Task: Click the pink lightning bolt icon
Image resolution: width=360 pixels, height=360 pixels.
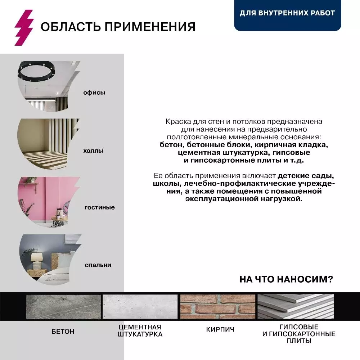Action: [x=24, y=27]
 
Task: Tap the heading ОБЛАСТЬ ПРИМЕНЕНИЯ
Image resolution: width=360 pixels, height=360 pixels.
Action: [x=118, y=27]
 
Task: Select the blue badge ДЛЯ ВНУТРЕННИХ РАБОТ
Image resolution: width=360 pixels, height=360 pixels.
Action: [x=287, y=13]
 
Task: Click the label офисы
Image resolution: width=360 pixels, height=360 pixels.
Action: [x=94, y=93]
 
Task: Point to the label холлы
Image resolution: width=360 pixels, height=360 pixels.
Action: [x=93, y=150]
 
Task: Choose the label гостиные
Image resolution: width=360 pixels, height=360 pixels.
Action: [x=100, y=207]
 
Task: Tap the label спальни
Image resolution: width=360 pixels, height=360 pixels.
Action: [x=98, y=265]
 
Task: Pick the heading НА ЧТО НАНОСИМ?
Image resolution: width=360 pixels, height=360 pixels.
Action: [x=286, y=279]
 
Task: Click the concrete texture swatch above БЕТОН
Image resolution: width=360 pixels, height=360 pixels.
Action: [x=63, y=306]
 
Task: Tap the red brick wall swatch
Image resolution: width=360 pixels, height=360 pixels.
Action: [x=217, y=306]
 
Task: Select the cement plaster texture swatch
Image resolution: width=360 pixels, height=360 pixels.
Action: [x=140, y=306]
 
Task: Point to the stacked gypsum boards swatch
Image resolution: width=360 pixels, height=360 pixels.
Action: [x=296, y=306]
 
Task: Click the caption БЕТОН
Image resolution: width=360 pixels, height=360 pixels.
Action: [x=63, y=331]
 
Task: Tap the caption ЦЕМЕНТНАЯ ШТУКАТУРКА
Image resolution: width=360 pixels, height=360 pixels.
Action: [x=140, y=330]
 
